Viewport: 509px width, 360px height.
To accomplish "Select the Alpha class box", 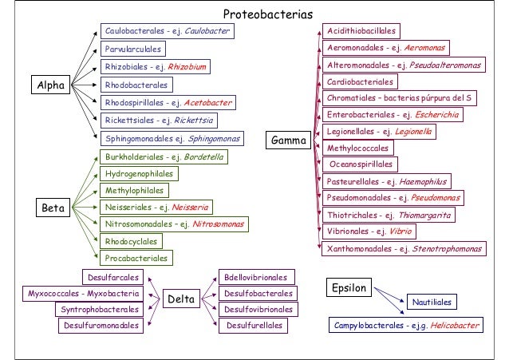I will pos(49,84).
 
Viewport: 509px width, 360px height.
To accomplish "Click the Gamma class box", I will pos(289,141).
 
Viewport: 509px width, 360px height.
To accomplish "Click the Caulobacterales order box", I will pos(168,31).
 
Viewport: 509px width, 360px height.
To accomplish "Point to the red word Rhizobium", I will pos(189,67).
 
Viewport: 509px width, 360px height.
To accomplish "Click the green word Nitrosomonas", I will pos(217,224).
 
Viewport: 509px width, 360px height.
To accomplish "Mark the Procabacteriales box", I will pos(136,259).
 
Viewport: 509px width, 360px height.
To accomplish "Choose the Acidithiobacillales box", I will pos(361,30).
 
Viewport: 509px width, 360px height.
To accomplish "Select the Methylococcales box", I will pos(358,148).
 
